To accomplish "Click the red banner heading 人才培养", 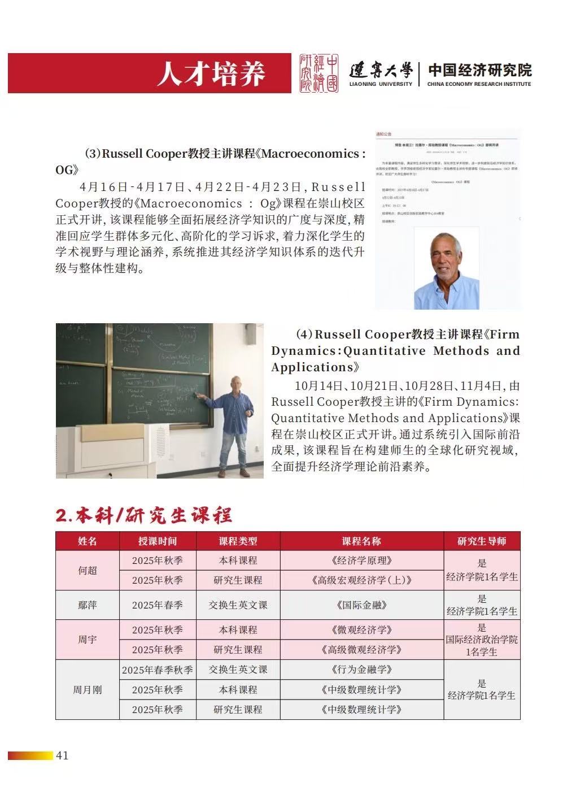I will point(211,73).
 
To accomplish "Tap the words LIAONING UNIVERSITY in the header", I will point(381,84).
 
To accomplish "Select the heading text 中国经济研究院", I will point(479,70).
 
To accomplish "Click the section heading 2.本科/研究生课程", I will point(144,515).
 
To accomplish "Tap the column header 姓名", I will point(88,541).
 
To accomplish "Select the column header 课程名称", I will point(361,541).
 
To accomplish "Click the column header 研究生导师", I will point(482,541).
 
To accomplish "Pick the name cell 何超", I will point(88,570).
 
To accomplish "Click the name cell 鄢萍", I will point(88,605).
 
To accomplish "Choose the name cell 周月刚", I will point(88,690).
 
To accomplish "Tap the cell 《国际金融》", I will point(361,605).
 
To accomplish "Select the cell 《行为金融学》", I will point(361,670).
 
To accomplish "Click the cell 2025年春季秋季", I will point(158,670).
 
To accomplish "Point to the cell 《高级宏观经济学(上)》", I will point(361,580).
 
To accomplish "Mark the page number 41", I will point(62,755).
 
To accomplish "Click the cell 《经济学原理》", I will point(361,561).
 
